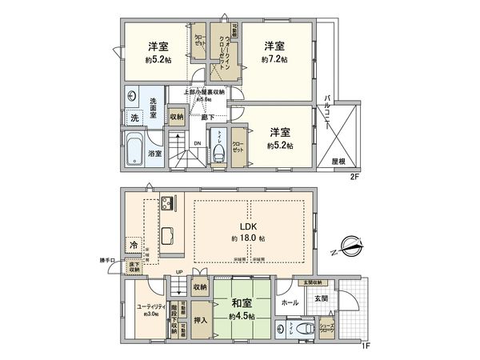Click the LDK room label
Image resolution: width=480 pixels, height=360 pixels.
pyautogui.click(x=246, y=226)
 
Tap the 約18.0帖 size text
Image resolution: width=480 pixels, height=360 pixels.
pyautogui.click(x=246, y=239)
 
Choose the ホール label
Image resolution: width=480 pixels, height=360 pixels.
pyautogui.click(x=291, y=302)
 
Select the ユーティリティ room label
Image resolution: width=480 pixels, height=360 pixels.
pyautogui.click(x=151, y=305)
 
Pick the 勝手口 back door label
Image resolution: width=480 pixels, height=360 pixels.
pyautogui.click(x=110, y=261)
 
